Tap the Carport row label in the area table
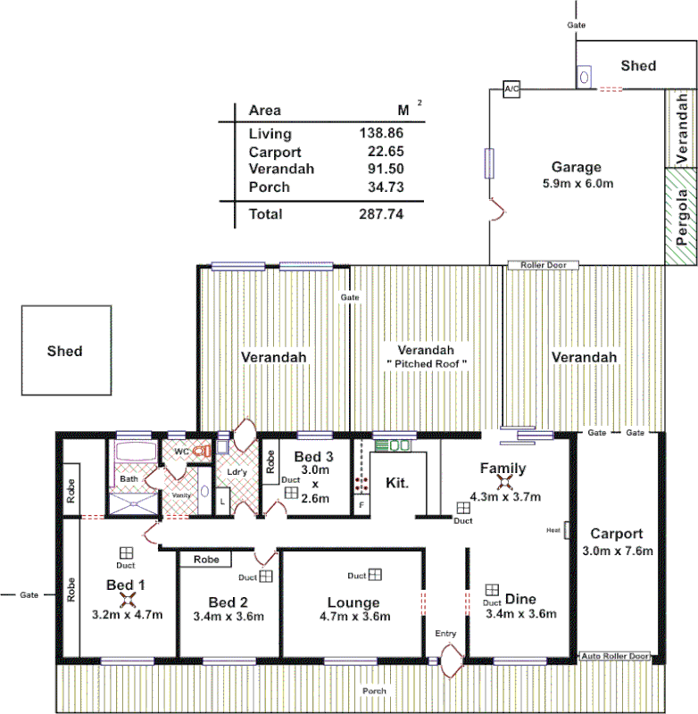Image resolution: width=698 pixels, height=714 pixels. coord(273,152)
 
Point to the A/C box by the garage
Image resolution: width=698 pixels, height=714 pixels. coord(511,90)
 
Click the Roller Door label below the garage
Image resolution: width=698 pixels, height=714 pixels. coord(544,265)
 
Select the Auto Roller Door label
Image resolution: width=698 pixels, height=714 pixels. coord(616,656)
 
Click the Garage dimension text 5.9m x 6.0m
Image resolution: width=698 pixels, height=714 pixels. coord(577,183)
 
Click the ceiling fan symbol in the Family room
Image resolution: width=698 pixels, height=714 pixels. coord(505,483)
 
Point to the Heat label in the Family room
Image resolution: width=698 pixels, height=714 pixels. coord(553,530)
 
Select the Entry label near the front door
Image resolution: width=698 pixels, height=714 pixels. coord(445,634)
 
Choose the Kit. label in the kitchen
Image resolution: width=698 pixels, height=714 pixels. coord(397,483)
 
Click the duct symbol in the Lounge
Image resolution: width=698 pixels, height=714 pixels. coord(376,575)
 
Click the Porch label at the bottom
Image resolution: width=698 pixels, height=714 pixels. coord(374,692)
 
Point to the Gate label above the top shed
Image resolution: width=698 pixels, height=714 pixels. coord(577,25)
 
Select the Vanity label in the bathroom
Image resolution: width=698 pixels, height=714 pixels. coord(181,494)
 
